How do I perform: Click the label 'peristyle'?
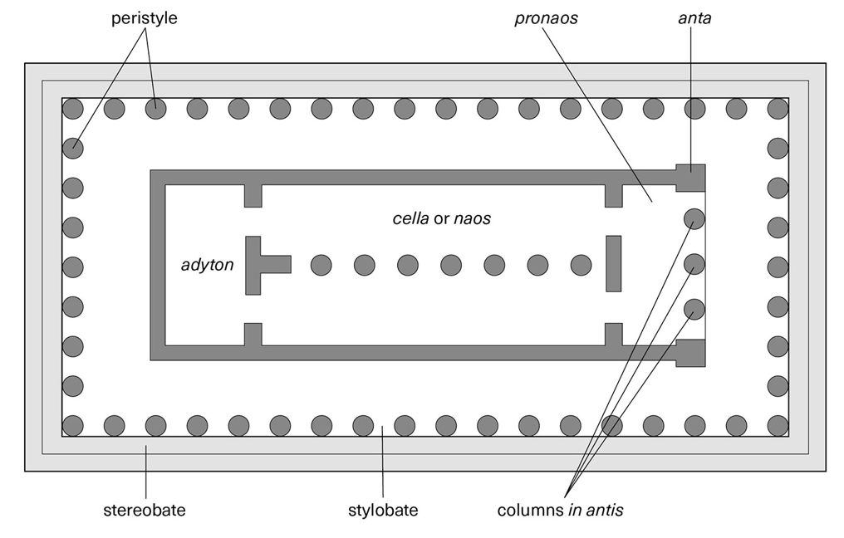145,18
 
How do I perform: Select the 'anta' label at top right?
694,18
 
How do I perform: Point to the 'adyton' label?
208,266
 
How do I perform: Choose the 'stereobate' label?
145,511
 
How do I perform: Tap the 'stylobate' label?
382,511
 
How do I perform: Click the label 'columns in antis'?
560,511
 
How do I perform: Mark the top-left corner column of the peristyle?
73,108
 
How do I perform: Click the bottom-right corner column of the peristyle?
778,426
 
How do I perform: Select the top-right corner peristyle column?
778,108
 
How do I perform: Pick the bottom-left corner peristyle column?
73,426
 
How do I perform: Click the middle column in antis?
694,265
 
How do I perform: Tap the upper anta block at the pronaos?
690,178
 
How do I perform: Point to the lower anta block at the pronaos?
690,352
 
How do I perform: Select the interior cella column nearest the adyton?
321,266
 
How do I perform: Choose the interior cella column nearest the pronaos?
581,266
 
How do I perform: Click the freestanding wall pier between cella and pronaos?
614,264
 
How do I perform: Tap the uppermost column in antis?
694,219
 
